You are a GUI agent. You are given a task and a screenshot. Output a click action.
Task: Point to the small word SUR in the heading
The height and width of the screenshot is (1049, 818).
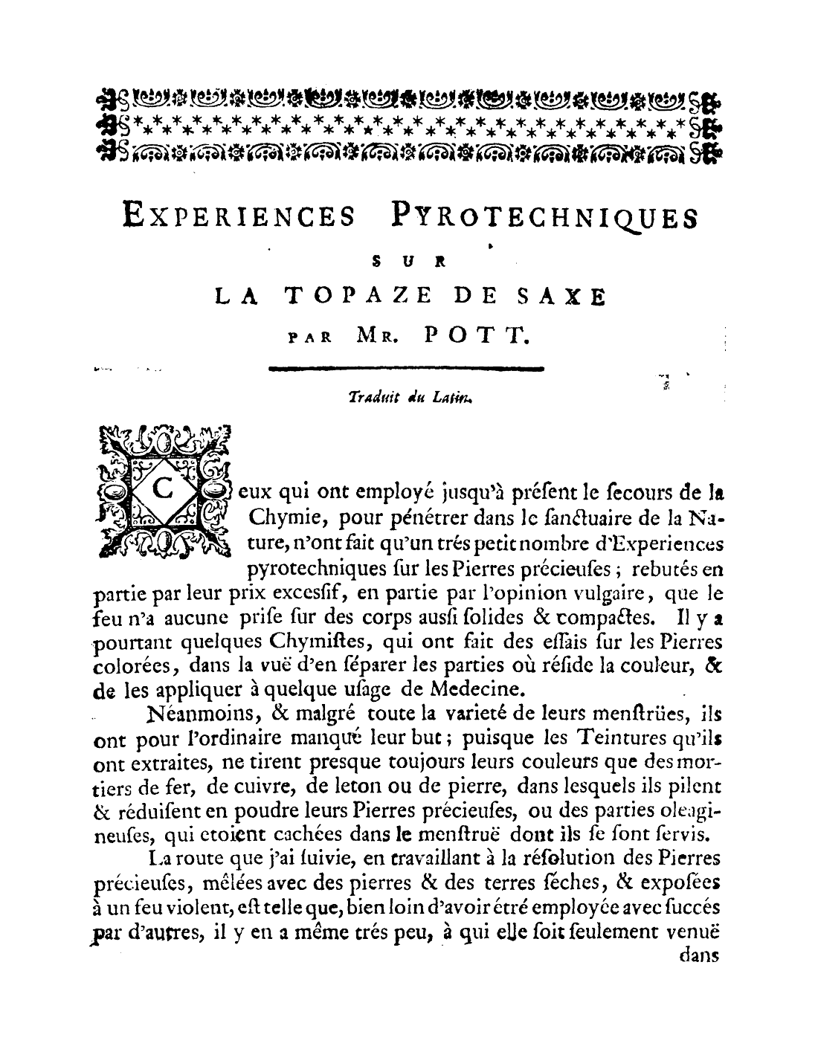tap(408, 262)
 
